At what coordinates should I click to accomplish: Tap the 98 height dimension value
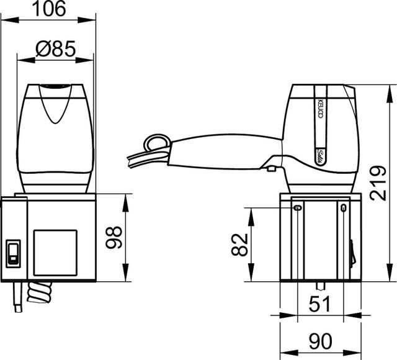(114, 238)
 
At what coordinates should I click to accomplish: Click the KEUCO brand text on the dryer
(320, 109)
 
